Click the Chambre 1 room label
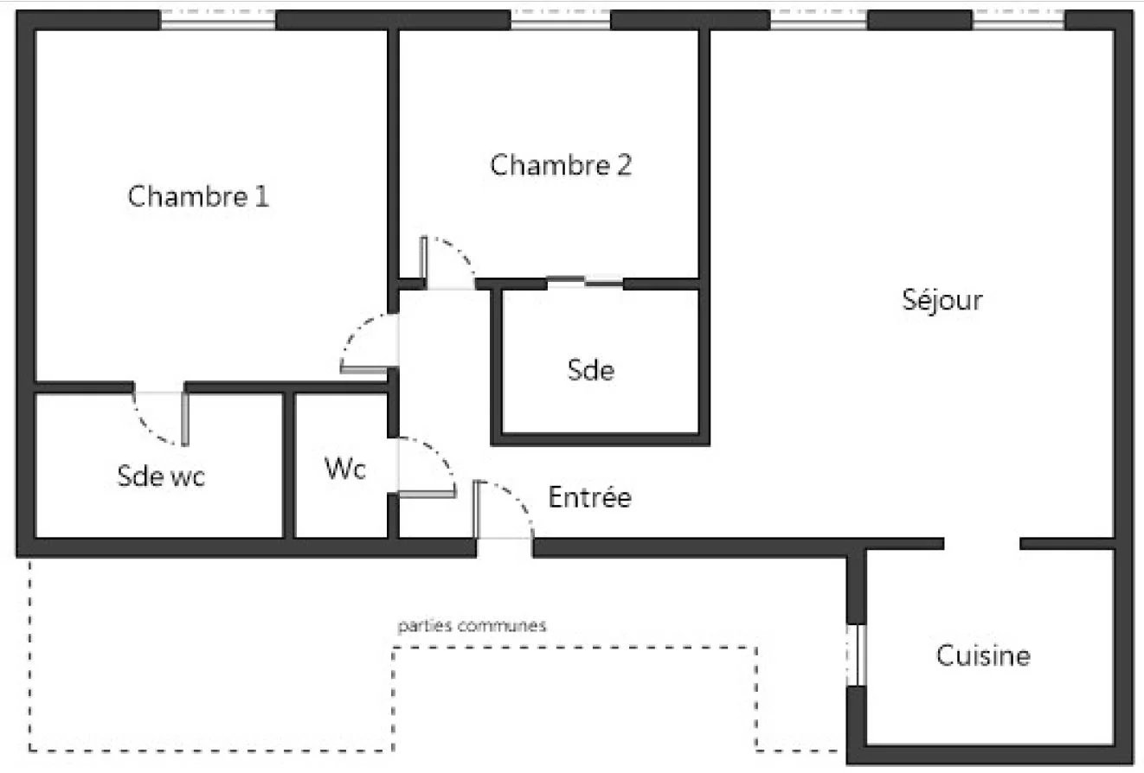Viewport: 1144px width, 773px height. click(x=198, y=196)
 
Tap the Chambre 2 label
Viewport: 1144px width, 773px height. click(x=561, y=164)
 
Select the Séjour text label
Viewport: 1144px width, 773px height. click(x=942, y=300)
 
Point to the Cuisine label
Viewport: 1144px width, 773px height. click(x=983, y=655)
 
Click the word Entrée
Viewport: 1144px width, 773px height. click(x=589, y=497)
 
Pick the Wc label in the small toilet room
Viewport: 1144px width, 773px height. click(x=345, y=468)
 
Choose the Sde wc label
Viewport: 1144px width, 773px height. click(x=161, y=476)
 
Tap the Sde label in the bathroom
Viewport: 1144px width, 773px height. click(x=590, y=370)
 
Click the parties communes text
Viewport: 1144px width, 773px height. click(x=472, y=625)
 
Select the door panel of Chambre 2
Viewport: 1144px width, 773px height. click(x=423, y=263)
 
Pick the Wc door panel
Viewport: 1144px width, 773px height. click(x=427, y=494)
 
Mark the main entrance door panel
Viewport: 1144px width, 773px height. click(x=477, y=509)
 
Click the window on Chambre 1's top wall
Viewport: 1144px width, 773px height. click(x=218, y=21)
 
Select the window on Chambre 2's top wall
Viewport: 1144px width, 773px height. click(x=561, y=21)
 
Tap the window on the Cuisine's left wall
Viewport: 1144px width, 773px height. click(x=857, y=655)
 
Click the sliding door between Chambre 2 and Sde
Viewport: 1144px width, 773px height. click(x=585, y=282)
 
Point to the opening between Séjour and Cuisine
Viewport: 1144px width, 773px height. click(x=981, y=544)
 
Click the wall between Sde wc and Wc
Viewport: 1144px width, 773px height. click(x=288, y=465)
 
